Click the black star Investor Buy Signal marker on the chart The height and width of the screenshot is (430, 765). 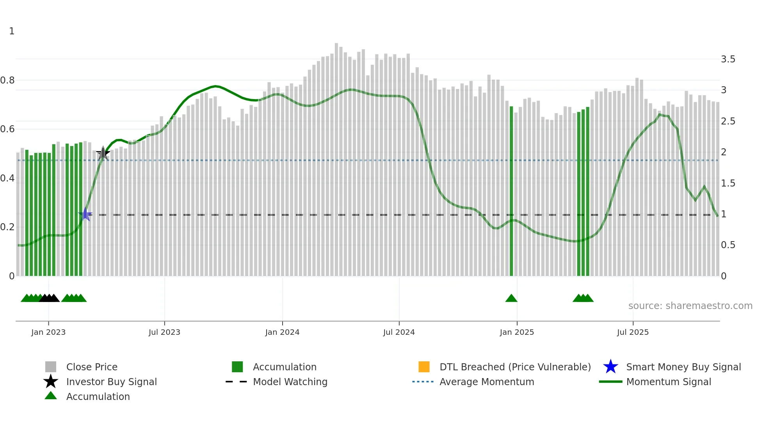(x=103, y=153)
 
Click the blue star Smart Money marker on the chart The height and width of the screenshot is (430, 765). (x=85, y=214)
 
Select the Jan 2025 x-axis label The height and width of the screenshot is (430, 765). (x=517, y=332)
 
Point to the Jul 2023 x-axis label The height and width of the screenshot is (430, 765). (x=164, y=332)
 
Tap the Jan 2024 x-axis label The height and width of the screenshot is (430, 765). (x=282, y=332)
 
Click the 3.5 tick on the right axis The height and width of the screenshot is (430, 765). (x=728, y=59)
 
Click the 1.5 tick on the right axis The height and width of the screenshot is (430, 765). (x=728, y=183)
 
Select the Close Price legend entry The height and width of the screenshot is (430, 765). (x=92, y=367)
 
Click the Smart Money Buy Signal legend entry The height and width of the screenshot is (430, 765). (x=683, y=367)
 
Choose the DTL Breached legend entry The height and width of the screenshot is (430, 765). (x=515, y=367)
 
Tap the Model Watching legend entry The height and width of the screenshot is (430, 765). (x=290, y=382)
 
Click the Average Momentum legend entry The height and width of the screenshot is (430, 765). (x=487, y=382)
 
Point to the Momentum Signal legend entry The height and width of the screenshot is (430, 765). (x=669, y=382)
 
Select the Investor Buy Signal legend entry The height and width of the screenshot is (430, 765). (x=111, y=382)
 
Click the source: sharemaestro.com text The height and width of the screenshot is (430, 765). (x=690, y=306)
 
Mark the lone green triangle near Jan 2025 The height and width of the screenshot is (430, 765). (x=511, y=299)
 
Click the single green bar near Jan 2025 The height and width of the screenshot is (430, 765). (x=511, y=191)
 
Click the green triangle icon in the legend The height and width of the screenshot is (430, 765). (x=51, y=396)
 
